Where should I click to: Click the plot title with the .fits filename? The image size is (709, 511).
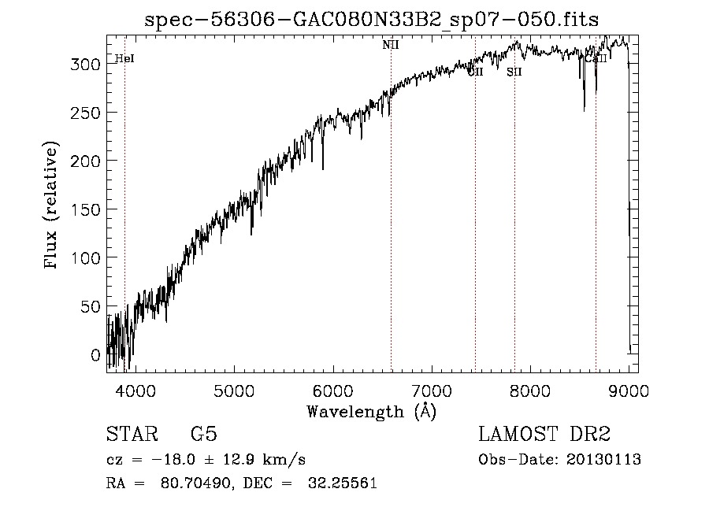[x=372, y=20]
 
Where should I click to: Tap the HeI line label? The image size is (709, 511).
[x=124, y=58]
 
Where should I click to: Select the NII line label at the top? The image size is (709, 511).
[x=391, y=45]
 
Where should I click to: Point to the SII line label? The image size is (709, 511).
[x=514, y=72]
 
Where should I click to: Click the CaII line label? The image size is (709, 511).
[x=596, y=58]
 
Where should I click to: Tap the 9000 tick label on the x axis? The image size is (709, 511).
[x=629, y=390]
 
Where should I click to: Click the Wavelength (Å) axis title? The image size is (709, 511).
[x=371, y=411]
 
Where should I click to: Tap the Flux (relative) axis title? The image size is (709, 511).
[x=53, y=206]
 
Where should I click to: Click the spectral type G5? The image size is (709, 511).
[x=203, y=435]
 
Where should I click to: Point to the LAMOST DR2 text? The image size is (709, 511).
[x=544, y=435]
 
